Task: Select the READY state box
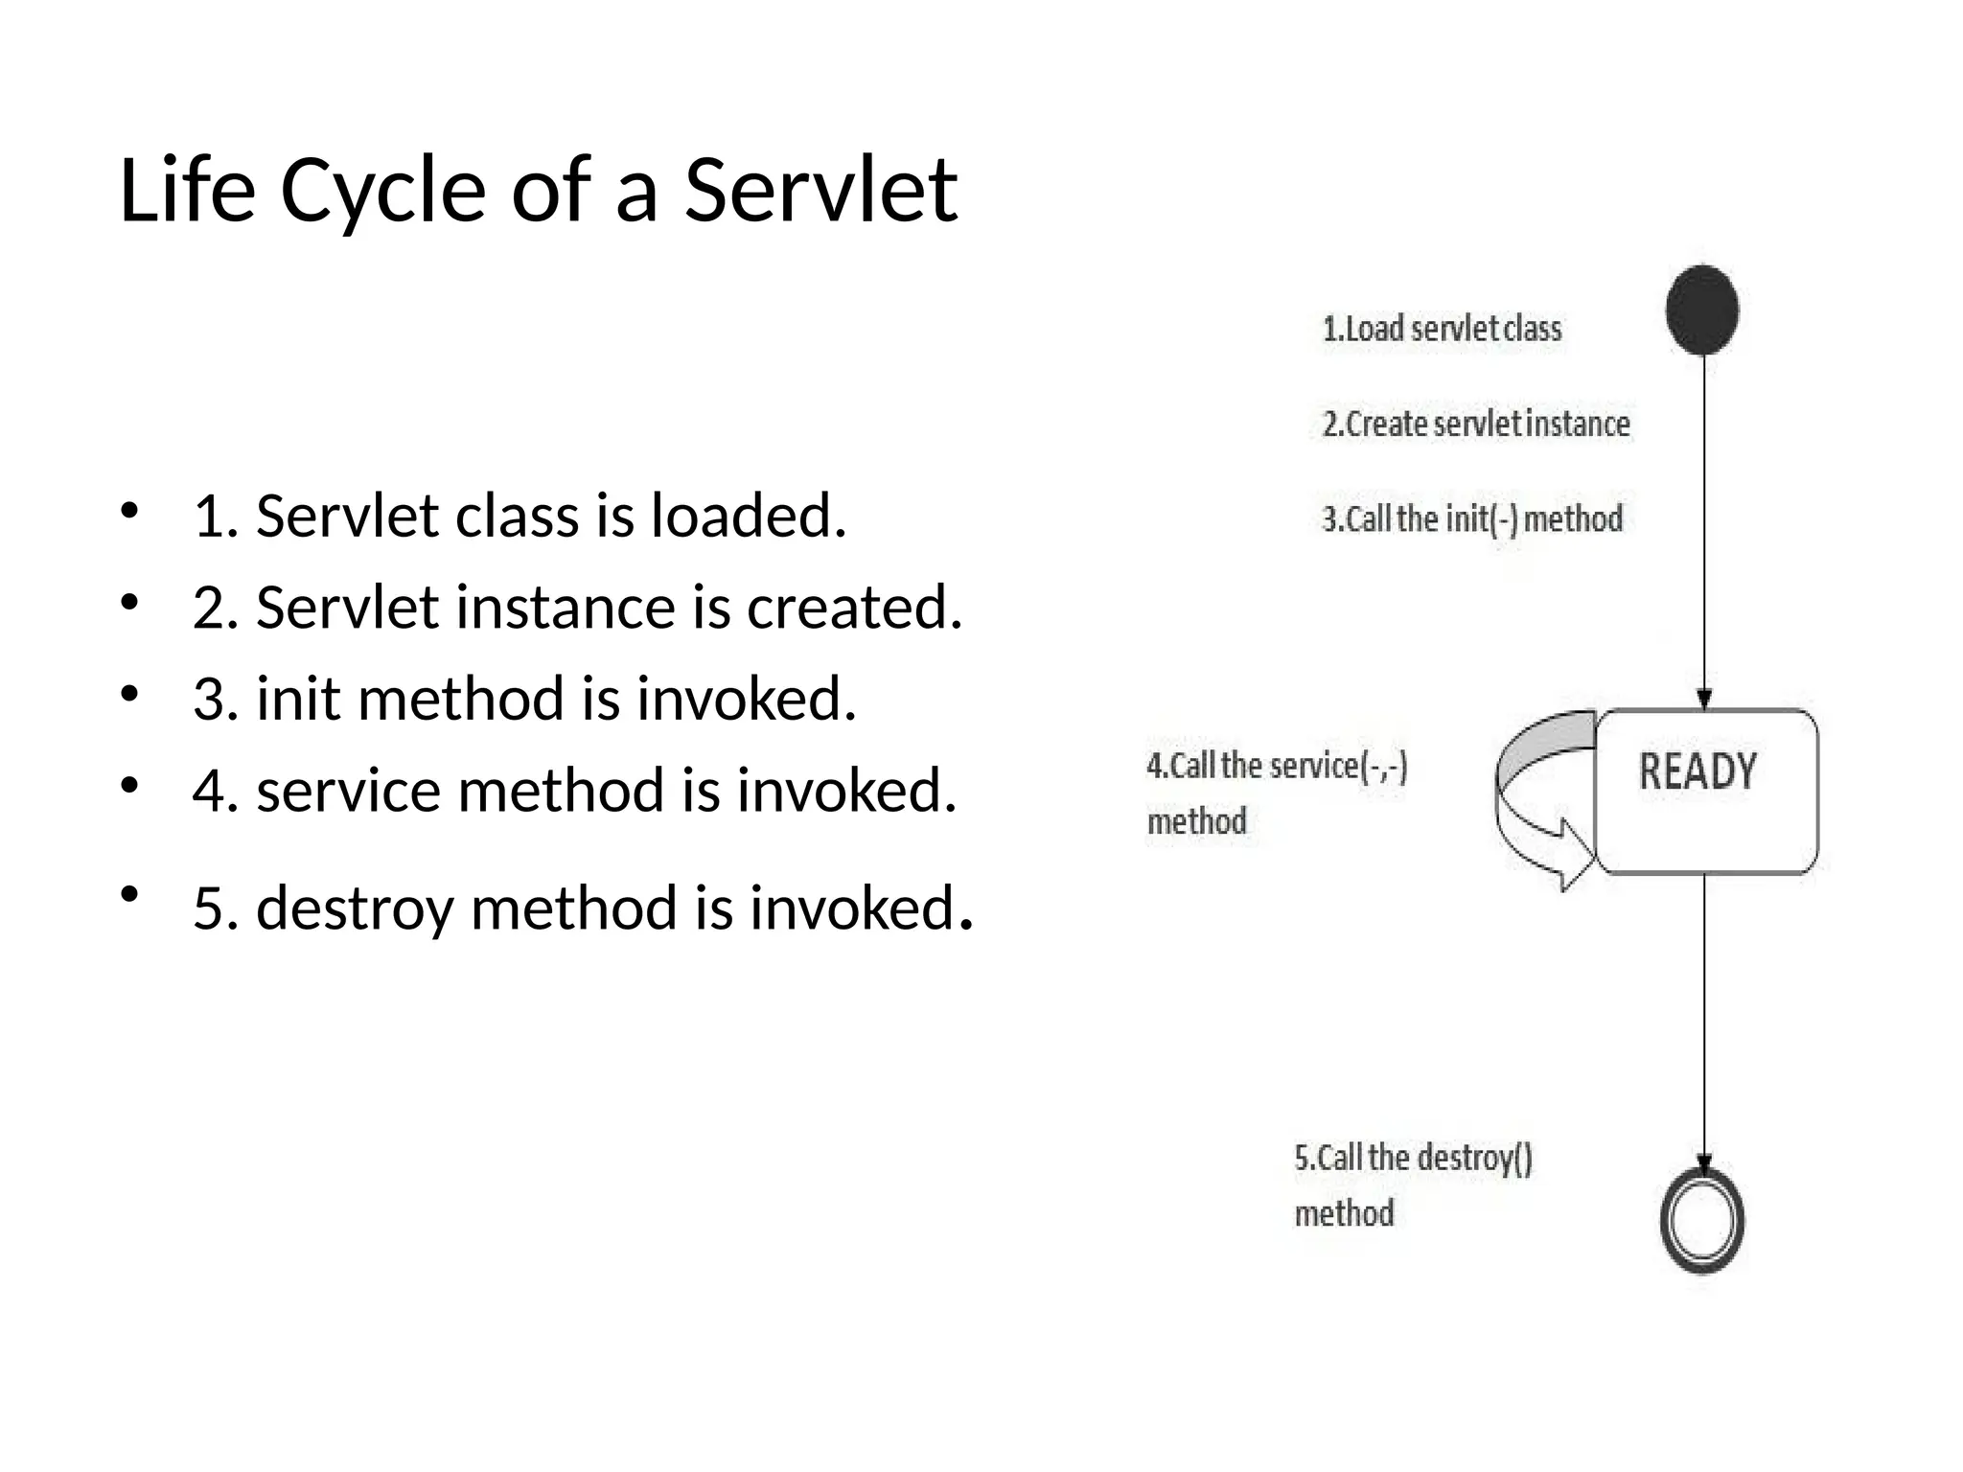tap(1706, 792)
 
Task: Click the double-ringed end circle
tap(1702, 1221)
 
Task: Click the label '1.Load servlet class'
tap(1442, 329)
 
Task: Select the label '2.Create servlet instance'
tap(1476, 424)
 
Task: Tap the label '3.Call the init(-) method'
tap(1472, 518)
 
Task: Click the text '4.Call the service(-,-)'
tap(1277, 766)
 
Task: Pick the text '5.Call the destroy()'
tap(1414, 1158)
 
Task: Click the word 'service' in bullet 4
tap(348, 791)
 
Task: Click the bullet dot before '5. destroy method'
tap(130, 895)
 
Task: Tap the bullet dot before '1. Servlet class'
tap(130, 509)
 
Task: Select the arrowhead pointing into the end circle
tap(1704, 1162)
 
